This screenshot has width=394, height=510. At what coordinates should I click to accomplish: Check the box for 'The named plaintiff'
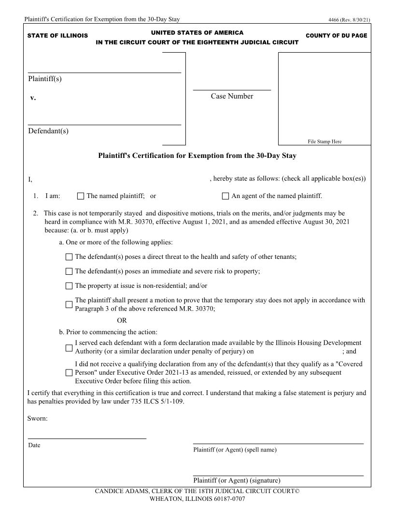[x=81, y=196]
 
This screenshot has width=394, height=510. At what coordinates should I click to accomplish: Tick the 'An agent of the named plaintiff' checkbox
[x=225, y=196]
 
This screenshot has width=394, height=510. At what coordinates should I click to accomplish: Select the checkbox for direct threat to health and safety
[x=69, y=257]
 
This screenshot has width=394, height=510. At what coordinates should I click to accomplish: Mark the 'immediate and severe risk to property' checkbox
[x=69, y=271]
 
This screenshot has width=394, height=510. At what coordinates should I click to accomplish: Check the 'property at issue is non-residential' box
[x=69, y=286]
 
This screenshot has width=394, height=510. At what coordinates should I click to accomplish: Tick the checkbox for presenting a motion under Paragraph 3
[x=69, y=305]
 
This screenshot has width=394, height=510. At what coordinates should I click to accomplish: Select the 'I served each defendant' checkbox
[x=69, y=347]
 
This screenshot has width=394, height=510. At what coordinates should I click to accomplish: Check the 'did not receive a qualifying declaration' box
[x=69, y=373]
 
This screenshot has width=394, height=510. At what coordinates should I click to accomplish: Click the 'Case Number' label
[x=232, y=96]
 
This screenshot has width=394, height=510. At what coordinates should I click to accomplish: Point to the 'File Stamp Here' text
[x=324, y=142]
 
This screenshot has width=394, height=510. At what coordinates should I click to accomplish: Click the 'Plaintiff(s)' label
[x=45, y=79]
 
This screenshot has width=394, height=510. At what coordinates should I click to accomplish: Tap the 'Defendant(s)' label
[x=48, y=131]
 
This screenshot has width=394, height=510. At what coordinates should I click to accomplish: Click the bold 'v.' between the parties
[x=33, y=98]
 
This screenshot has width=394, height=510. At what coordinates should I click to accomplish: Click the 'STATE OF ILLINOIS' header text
[x=57, y=36]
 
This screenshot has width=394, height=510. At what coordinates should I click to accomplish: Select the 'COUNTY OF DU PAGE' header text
[x=336, y=36]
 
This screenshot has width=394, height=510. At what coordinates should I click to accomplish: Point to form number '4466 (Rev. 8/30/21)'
[x=349, y=20]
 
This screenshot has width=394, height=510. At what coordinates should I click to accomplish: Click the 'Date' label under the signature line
[x=34, y=445]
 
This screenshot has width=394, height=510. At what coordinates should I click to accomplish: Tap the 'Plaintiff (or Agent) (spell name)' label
[x=235, y=450]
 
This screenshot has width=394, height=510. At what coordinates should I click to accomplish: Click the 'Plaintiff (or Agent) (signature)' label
[x=237, y=481]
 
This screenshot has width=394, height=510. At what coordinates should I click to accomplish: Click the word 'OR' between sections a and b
[x=122, y=320]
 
